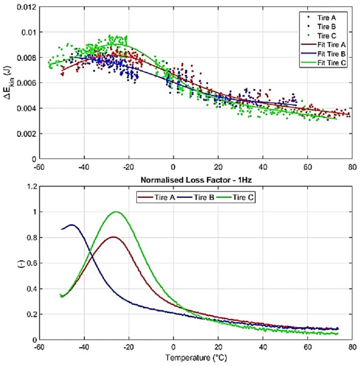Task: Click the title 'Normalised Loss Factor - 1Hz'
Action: coord(195,180)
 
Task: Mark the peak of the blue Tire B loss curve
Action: coord(72,225)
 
